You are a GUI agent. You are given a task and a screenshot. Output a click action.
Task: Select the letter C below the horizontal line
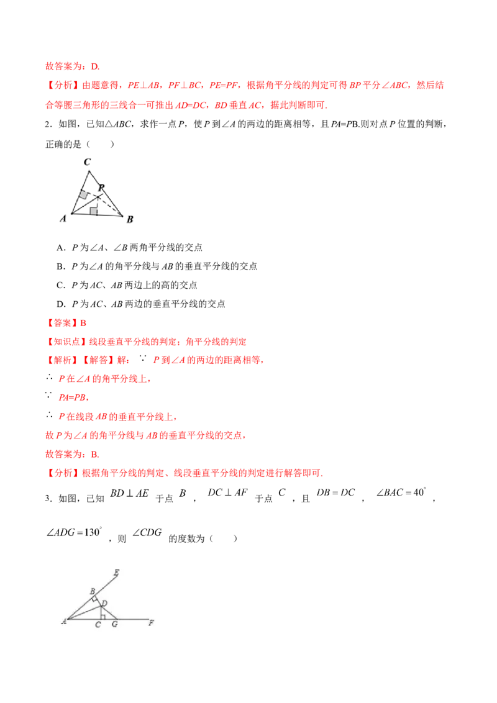click(98, 625)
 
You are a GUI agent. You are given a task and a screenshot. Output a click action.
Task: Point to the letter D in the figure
click(104, 604)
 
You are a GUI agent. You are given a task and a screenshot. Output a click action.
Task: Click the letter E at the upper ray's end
click(117, 573)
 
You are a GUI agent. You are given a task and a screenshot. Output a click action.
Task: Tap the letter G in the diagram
click(114, 625)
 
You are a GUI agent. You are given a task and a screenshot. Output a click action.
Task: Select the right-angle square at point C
click(102, 617)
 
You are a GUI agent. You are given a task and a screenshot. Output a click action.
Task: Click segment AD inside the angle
click(84, 612)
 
